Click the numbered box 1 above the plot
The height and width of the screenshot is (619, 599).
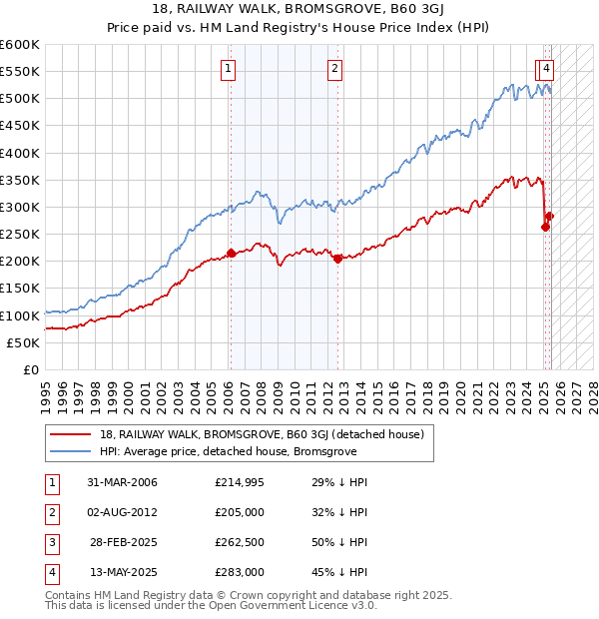click(229, 69)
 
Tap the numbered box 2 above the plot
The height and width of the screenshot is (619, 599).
click(333, 69)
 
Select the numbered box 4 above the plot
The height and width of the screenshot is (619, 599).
click(548, 69)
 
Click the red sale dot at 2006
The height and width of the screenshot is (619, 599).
click(231, 254)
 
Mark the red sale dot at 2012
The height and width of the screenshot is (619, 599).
click(337, 259)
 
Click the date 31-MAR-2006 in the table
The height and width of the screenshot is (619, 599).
click(122, 482)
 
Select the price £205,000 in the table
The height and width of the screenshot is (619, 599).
click(239, 512)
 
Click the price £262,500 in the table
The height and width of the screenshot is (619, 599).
click(239, 542)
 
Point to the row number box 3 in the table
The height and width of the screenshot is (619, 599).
click(50, 542)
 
